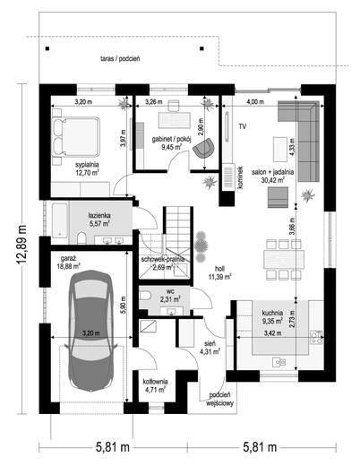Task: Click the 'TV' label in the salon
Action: point(242,128)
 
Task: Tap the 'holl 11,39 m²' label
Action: point(219,272)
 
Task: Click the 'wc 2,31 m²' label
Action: point(168,296)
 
